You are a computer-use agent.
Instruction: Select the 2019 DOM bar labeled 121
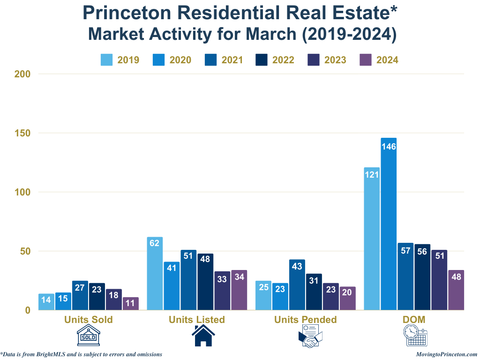(x=372, y=239)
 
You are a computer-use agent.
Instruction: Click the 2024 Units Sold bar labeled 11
(x=131, y=303)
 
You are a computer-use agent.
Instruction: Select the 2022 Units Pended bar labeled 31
(x=314, y=292)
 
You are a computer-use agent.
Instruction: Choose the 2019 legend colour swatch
(x=106, y=60)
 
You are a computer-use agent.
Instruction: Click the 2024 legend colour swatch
(x=365, y=60)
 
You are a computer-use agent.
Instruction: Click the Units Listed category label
(x=197, y=320)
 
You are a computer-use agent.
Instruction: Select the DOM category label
(x=414, y=320)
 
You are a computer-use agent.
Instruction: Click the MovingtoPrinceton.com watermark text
(x=446, y=354)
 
